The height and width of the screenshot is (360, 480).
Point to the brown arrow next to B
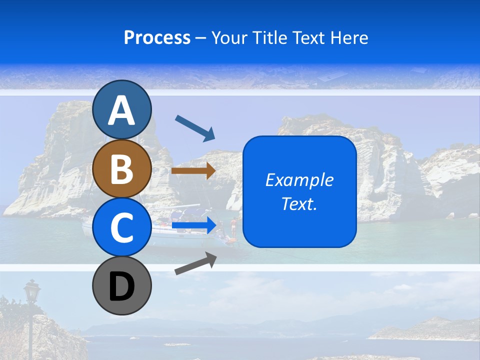193,171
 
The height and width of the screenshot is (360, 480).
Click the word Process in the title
157,37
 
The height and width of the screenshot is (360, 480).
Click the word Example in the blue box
299,180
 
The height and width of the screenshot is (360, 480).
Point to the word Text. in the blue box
299,203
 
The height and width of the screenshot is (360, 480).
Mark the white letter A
122,110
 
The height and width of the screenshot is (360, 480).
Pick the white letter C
122,227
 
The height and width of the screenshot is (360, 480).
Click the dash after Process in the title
201,38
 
